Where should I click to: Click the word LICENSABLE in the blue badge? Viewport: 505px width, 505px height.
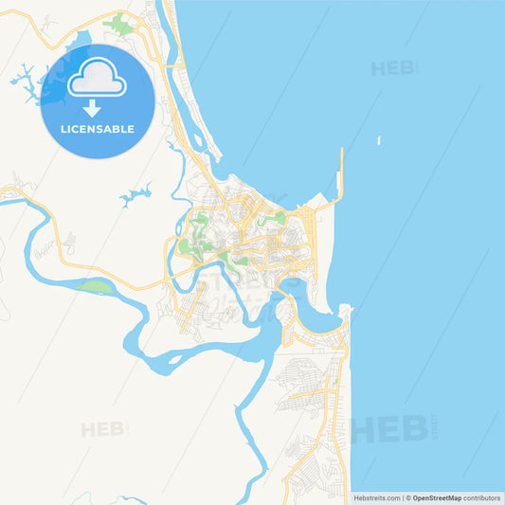[x=98, y=129]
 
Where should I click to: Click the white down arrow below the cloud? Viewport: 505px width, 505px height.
[x=92, y=107]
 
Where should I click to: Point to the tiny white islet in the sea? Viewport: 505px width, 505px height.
[x=379, y=141]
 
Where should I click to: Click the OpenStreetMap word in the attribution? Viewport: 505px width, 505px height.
[x=437, y=497]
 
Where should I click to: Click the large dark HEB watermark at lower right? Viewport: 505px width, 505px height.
[x=388, y=429]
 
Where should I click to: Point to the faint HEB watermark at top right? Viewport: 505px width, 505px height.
[x=392, y=68]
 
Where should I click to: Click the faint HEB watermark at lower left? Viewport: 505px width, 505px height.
[x=101, y=429]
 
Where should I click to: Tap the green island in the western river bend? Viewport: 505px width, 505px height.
[x=95, y=285]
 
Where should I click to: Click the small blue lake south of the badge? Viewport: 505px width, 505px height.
[x=135, y=196]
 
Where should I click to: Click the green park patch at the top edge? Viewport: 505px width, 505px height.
[x=118, y=24]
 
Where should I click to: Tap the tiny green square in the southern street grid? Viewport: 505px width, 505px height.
[x=334, y=383]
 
